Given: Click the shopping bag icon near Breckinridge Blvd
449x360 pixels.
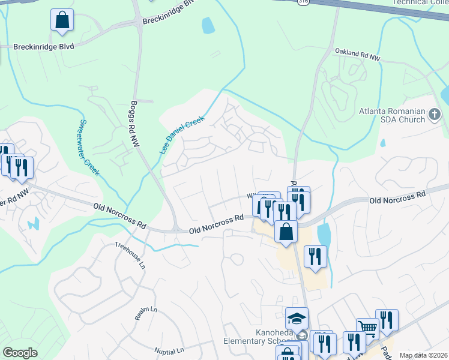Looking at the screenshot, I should coord(62,20).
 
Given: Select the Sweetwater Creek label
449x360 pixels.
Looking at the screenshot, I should coord(88,148).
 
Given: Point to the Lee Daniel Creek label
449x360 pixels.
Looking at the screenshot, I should coord(182,135).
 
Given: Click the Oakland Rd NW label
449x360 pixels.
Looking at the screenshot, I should coord(358,55).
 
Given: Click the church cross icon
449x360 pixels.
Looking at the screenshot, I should coord(435,113).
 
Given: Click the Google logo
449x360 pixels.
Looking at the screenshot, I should coord(20,353).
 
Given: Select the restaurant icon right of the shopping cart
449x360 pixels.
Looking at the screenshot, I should coord(387,320).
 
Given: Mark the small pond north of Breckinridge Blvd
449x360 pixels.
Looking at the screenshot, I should coord(208,25).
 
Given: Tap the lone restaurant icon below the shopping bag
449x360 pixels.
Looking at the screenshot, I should coord(315,256).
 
